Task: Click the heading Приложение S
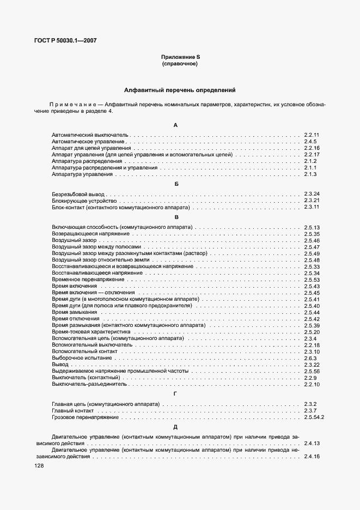coord(179,57)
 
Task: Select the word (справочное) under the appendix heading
coord(179,64)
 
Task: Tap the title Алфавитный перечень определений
coord(179,90)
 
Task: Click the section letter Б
coord(176,184)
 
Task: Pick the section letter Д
coord(175,427)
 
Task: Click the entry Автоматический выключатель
coord(89,135)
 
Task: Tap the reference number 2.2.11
coord(312,135)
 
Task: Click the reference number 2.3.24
coord(312,194)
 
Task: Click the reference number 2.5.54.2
coord(314,417)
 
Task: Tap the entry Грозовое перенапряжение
coord(85,417)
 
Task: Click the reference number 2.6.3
coord(310,358)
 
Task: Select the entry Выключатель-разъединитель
coord(89,384)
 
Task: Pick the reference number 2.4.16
coord(312,457)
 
